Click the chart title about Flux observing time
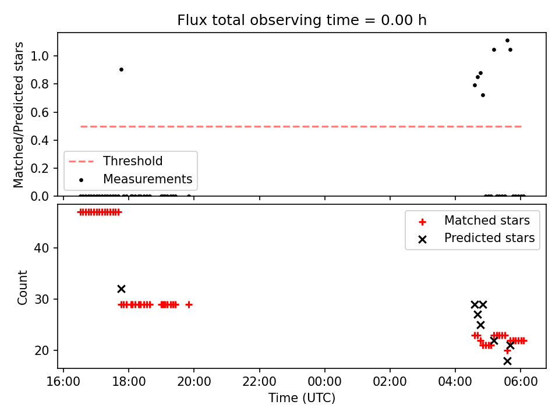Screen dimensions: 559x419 click(302, 20)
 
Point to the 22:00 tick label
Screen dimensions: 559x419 click(259, 382)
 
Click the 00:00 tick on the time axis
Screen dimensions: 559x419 click(324, 382)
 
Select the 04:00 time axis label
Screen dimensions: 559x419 click(455, 382)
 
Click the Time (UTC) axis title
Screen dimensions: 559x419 click(302, 397)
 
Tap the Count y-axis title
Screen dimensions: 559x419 click(22, 287)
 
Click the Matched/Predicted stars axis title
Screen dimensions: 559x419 click(18, 115)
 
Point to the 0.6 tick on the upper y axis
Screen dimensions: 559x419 click(40, 112)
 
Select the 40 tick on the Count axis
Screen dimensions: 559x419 click(41, 248)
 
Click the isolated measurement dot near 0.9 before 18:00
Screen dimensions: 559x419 click(121, 69)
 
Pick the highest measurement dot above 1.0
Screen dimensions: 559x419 click(507, 41)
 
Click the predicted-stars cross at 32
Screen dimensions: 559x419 click(121, 289)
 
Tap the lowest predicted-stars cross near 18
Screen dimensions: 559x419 click(507, 361)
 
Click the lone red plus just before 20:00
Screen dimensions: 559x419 click(189, 304)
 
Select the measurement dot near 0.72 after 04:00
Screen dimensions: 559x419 click(483, 95)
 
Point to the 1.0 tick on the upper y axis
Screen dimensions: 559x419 click(40, 56)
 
